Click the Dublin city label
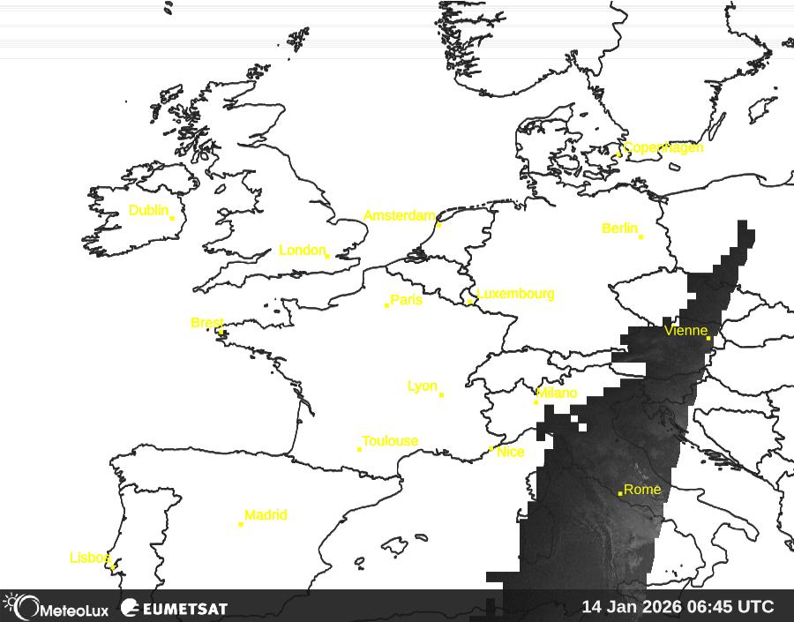[x=148, y=211]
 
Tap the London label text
[x=302, y=251]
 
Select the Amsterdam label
[x=400, y=216]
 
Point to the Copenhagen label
[x=663, y=147]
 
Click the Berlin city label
[x=619, y=229]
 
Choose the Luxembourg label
[x=515, y=294]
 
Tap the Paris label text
[x=406, y=300]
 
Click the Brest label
[x=207, y=323]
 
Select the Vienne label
[x=685, y=331]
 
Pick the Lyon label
[x=422, y=386]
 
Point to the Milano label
[x=557, y=393]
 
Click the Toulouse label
[x=390, y=441]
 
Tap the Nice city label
[x=511, y=452]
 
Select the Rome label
[x=642, y=490]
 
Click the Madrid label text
[x=266, y=515]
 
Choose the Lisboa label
[x=91, y=558]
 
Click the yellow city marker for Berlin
[x=640, y=236]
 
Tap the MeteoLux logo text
[x=74, y=609]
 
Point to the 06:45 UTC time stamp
[x=731, y=607]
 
